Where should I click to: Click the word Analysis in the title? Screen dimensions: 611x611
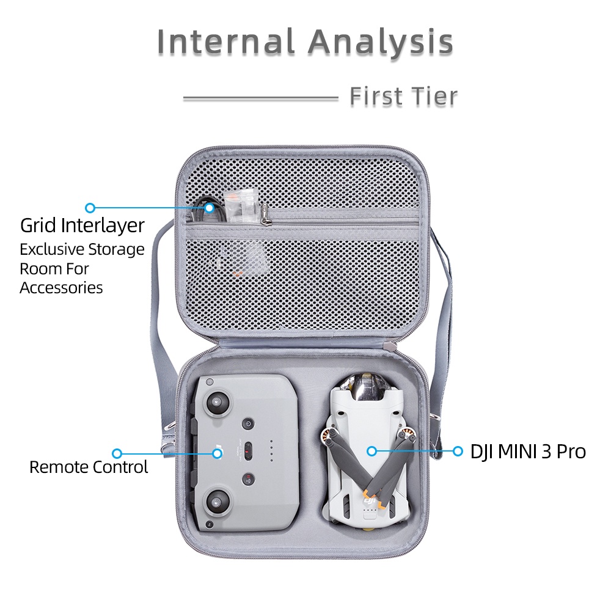pyautogui.click(x=381, y=43)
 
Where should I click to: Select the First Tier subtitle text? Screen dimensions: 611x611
pyautogui.click(x=404, y=97)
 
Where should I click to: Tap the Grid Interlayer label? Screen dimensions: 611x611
pyautogui.click(x=82, y=225)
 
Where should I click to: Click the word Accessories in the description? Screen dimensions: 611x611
pyautogui.click(x=61, y=288)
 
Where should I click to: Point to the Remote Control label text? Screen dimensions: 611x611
pyautogui.click(x=89, y=467)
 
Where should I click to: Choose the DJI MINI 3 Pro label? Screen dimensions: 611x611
pyautogui.click(x=528, y=452)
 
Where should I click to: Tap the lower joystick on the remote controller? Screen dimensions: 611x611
pyautogui.click(x=216, y=501)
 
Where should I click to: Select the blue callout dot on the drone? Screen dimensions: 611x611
pyautogui.click(x=371, y=452)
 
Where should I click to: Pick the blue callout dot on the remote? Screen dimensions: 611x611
pyautogui.click(x=217, y=453)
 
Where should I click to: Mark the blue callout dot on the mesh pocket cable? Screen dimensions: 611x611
pyautogui.click(x=210, y=208)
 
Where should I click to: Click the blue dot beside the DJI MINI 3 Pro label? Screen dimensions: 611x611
pyautogui.click(x=458, y=452)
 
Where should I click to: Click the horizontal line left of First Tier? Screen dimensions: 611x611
pyautogui.click(x=261, y=98)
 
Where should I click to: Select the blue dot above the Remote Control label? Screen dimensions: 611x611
pyautogui.click(x=117, y=453)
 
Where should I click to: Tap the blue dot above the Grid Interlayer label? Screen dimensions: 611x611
pyautogui.click(x=90, y=208)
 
